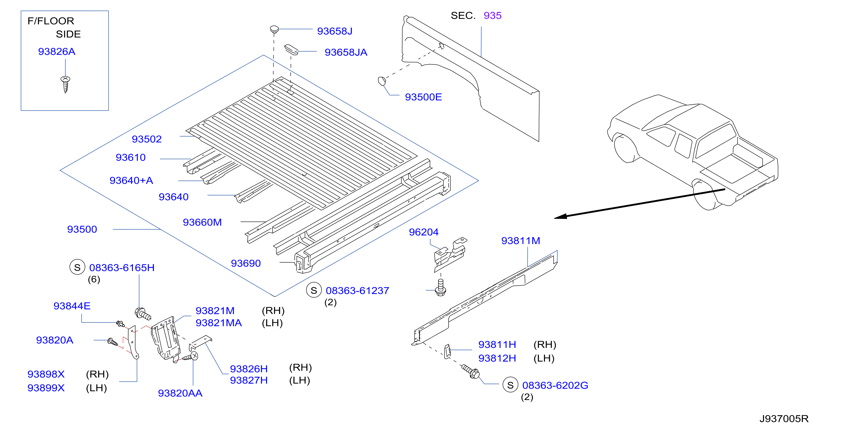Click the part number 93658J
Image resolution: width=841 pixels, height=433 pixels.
point(335,31)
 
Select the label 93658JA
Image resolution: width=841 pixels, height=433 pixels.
point(346,52)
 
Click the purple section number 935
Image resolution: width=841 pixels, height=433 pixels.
point(492,15)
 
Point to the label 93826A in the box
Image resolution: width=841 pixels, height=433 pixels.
point(57,52)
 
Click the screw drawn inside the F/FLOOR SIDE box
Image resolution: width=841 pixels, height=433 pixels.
point(65,84)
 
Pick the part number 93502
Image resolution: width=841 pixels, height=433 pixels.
point(147,139)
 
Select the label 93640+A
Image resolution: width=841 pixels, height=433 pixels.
point(131,180)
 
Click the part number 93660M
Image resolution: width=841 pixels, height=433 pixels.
point(202,222)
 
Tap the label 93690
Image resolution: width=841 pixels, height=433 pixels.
point(245,263)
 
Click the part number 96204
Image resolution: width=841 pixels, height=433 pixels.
point(424,232)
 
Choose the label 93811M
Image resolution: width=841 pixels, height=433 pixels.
point(520,241)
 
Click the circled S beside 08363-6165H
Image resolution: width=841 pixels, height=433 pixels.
point(77,267)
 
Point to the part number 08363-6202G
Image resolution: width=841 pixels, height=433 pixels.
point(555,385)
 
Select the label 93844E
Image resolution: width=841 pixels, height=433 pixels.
point(72,306)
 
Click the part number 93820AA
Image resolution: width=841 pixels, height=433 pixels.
point(180,393)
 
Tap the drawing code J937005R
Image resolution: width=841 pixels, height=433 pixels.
point(784,419)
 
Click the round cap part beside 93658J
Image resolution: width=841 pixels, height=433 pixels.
point(274,29)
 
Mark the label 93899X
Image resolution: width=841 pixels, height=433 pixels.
point(46,388)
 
